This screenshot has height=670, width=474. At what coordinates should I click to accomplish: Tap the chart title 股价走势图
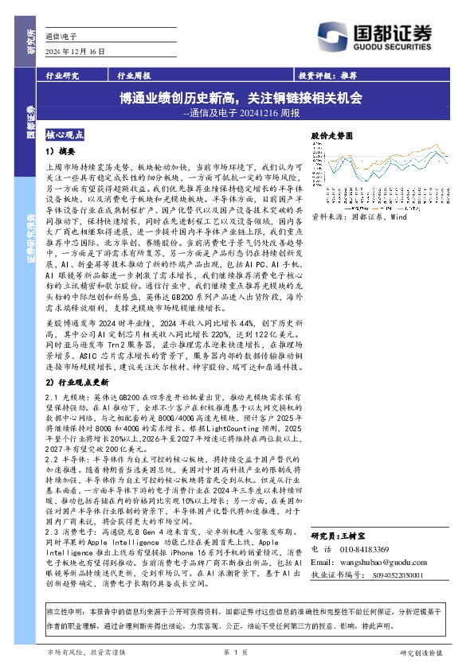click(331, 136)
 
